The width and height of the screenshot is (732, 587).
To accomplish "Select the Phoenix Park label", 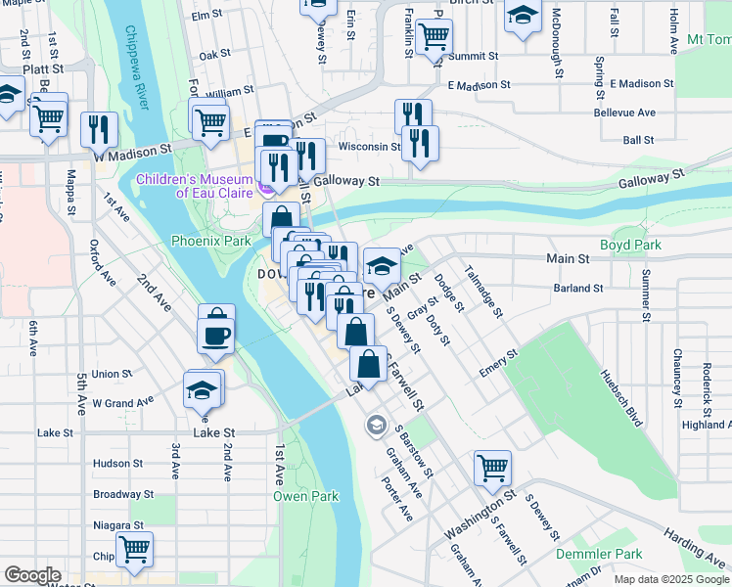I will point(210,240).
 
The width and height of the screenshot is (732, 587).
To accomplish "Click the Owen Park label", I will point(305,496).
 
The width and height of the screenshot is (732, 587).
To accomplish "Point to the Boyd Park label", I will point(631,245).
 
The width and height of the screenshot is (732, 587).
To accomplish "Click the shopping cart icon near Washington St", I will point(492,467).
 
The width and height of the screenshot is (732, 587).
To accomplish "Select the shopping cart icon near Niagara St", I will point(134,548).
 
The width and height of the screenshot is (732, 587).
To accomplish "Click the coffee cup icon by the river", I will point(215,336).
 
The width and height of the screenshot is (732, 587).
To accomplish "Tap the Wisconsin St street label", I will point(369,148).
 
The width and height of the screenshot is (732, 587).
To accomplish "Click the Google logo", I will point(32,575).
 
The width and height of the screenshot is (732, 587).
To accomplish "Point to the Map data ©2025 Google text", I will point(670,579).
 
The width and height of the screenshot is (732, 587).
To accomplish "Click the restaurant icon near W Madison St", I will point(99,128).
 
